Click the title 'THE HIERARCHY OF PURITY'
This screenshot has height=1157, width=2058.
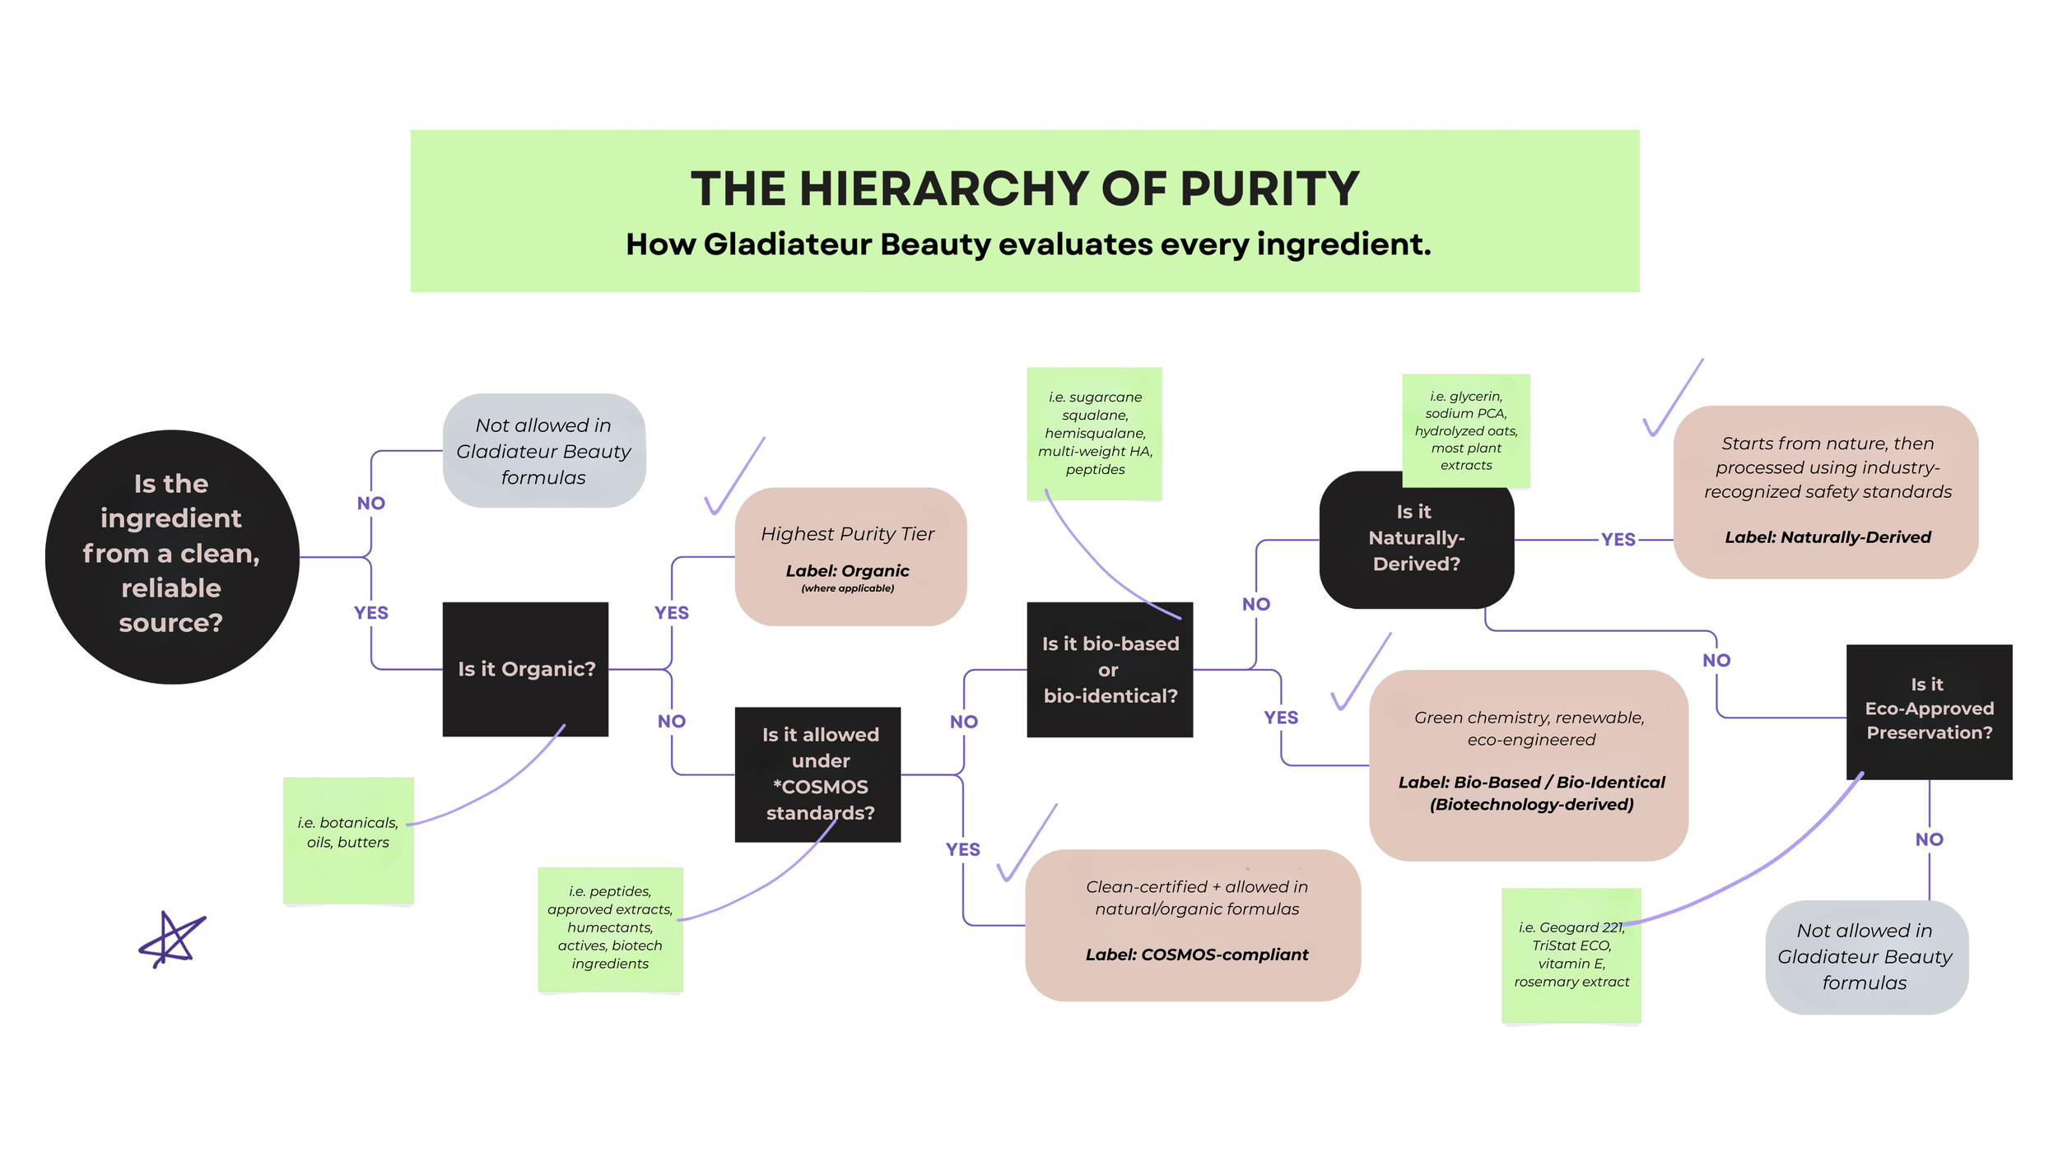tap(1024, 188)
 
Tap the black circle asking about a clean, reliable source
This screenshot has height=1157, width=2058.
tap(171, 556)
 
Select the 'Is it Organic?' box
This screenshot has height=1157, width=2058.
tap(525, 669)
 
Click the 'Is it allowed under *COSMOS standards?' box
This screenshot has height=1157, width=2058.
tap(817, 774)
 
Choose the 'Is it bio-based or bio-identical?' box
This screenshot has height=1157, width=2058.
tap(1110, 669)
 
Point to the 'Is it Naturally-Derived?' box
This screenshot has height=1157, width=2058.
tap(1416, 539)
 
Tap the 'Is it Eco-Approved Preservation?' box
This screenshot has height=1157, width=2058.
tap(1929, 709)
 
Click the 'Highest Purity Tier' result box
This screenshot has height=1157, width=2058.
tap(850, 556)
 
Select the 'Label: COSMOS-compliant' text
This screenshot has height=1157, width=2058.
tap(1196, 955)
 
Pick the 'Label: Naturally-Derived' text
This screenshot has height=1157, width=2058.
tap(1828, 537)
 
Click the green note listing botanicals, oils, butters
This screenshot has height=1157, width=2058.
tap(348, 839)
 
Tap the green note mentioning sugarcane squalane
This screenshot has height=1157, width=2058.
tap(1094, 434)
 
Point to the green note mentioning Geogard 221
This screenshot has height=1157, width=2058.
tap(1571, 955)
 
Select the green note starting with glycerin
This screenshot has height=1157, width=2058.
tap(1465, 430)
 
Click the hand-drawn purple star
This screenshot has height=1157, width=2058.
tap(171, 940)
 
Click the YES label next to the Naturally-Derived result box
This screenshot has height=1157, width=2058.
tap(1618, 539)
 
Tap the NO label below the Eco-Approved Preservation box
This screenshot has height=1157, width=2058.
tap(1929, 839)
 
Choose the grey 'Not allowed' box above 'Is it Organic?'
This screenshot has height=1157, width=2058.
tap(543, 450)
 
